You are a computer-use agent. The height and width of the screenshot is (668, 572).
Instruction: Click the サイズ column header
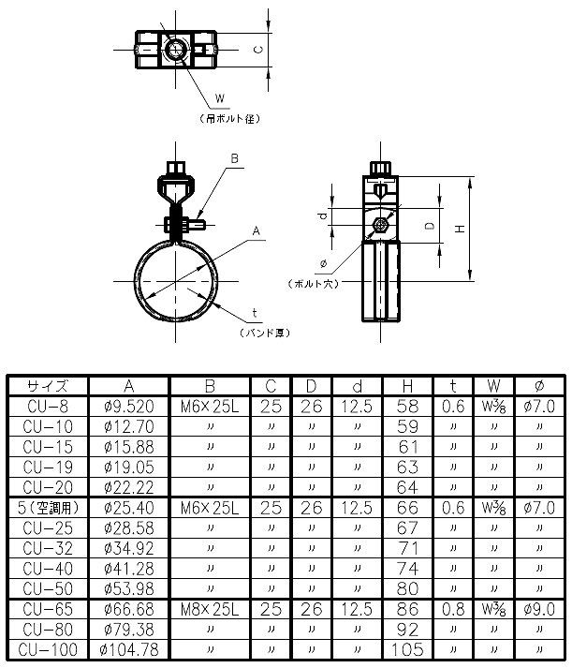[47, 385]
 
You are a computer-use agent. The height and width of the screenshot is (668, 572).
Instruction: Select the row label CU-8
[47, 406]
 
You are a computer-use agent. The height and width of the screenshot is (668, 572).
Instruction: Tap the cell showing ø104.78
[127, 648]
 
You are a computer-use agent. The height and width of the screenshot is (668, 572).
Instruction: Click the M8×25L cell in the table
[209, 608]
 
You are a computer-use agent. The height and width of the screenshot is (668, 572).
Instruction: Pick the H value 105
[407, 648]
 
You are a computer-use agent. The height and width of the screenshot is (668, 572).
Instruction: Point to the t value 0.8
[453, 608]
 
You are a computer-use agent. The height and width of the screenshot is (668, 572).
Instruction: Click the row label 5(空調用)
[47, 507]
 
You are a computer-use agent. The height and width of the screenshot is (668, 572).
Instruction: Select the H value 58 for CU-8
[407, 406]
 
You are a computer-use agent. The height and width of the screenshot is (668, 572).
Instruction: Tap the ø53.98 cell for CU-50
[127, 587]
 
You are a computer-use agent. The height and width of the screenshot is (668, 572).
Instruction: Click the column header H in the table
[407, 385]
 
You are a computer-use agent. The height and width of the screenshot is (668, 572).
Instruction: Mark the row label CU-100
[47, 648]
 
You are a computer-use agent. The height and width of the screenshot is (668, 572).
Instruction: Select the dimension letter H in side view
[458, 229]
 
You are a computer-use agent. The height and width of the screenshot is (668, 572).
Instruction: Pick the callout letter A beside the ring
[255, 229]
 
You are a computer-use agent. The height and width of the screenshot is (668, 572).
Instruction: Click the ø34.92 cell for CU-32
[127, 547]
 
